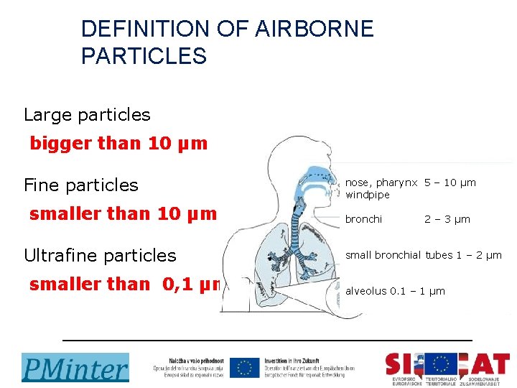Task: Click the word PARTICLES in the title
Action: pyautogui.click(x=144, y=55)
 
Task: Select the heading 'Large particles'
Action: pyautogui.click(x=87, y=114)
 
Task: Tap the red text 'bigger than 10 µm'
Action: pyautogui.click(x=118, y=143)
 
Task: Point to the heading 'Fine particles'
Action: pyautogui.click(x=80, y=185)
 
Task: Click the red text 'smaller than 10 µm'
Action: pyautogui.click(x=123, y=213)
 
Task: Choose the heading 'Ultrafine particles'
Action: pyautogui.click(x=100, y=255)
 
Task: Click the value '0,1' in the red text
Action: pyautogui.click(x=177, y=284)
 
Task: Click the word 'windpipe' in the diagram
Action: pyautogui.click(x=368, y=195)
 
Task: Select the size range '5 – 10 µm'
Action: pyautogui.click(x=450, y=183)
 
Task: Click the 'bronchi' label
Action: pyautogui.click(x=364, y=219)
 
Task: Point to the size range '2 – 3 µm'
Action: pyautogui.click(x=447, y=219)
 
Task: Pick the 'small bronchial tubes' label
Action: pyautogui.click(x=399, y=255)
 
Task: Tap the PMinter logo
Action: pyautogui.click(x=75, y=367)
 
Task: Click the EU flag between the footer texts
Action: pyautogui.click(x=244, y=367)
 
